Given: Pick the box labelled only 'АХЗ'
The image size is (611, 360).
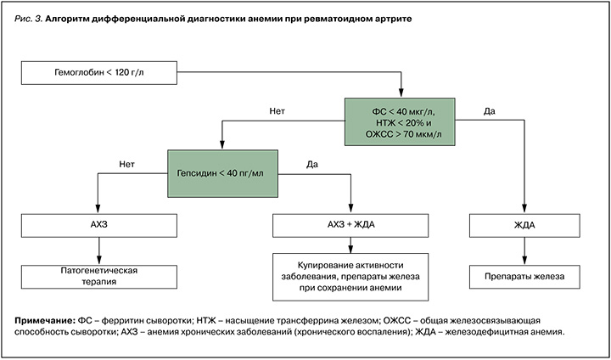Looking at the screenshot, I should [x=100, y=225].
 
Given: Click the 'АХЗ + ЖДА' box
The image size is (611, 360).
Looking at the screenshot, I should [x=349, y=225].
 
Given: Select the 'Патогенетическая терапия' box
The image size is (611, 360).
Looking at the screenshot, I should [x=100, y=276].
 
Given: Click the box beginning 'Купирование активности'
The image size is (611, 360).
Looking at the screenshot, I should [x=349, y=276].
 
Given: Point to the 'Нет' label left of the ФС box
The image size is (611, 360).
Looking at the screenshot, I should [x=275, y=110].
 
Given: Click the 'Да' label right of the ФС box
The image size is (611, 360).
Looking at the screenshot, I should [x=489, y=110].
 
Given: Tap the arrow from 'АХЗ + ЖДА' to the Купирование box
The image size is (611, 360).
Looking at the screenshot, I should [x=349, y=245].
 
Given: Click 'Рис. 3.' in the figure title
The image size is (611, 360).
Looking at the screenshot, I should [x=29, y=17].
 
